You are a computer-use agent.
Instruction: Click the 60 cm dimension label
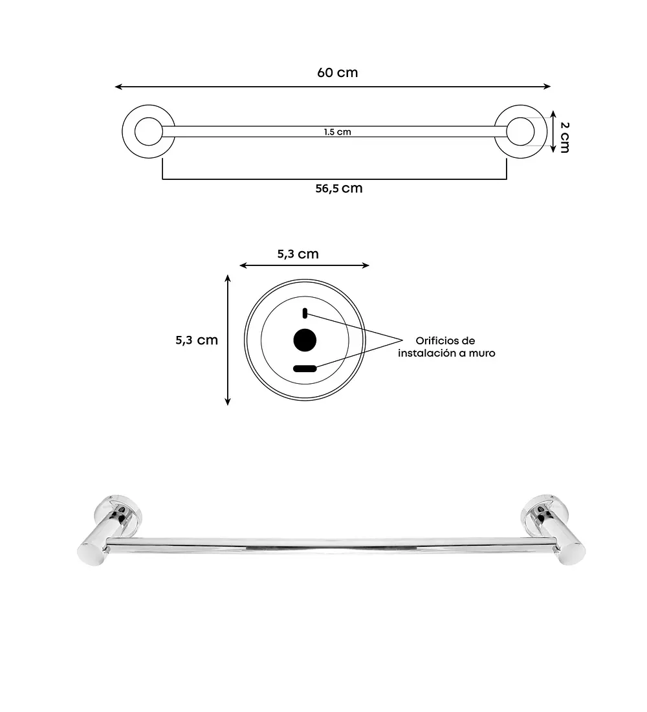pos(337,72)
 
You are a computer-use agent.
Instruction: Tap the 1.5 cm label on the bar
pos(337,132)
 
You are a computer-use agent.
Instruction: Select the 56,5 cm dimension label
pos(339,188)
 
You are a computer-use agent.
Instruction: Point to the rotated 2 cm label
pos(565,137)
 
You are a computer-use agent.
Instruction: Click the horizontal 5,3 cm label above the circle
pos(298,254)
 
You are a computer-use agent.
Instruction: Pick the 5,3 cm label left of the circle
pos(197,340)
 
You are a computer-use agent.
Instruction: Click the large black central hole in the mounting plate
pos(305,340)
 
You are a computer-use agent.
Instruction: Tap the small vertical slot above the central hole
pos(305,313)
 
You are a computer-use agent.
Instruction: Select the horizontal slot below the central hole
pos(305,368)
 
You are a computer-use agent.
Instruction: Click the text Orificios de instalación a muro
pos(446,347)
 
